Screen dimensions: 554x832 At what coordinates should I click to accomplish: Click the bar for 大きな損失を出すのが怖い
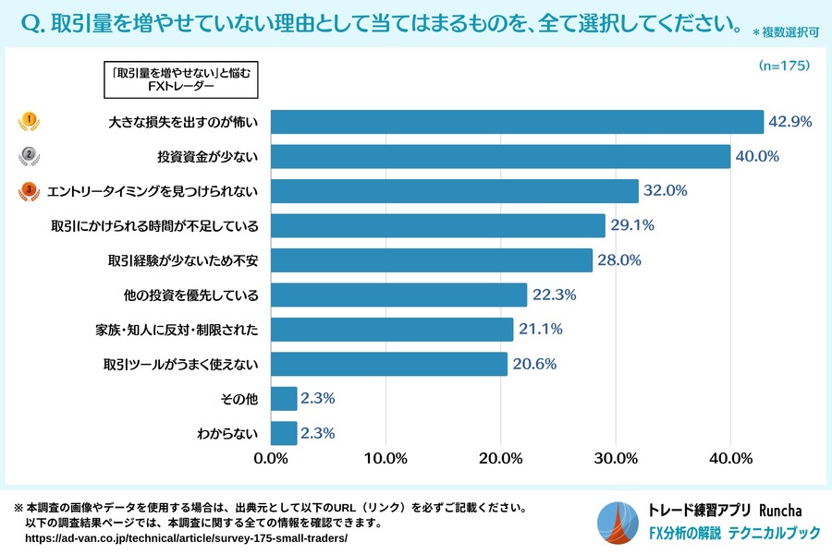[518, 122]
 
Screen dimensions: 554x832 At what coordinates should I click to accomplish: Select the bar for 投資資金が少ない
[501, 156]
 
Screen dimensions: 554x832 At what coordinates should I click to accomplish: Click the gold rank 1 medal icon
[30, 121]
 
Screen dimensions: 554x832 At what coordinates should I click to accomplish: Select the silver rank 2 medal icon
[30, 156]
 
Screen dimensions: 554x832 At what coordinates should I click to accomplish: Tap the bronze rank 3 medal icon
[30, 191]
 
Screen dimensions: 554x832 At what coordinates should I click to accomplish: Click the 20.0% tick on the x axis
[501, 458]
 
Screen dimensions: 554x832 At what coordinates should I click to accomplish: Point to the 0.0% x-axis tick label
[272, 458]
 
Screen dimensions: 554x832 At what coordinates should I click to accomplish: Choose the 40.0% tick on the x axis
[730, 458]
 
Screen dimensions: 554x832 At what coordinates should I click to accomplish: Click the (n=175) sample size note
[784, 66]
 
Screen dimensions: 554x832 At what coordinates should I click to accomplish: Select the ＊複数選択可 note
[786, 32]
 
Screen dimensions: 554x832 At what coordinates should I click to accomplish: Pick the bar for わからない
[285, 433]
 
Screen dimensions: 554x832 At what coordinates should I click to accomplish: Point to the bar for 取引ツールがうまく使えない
[389, 364]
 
